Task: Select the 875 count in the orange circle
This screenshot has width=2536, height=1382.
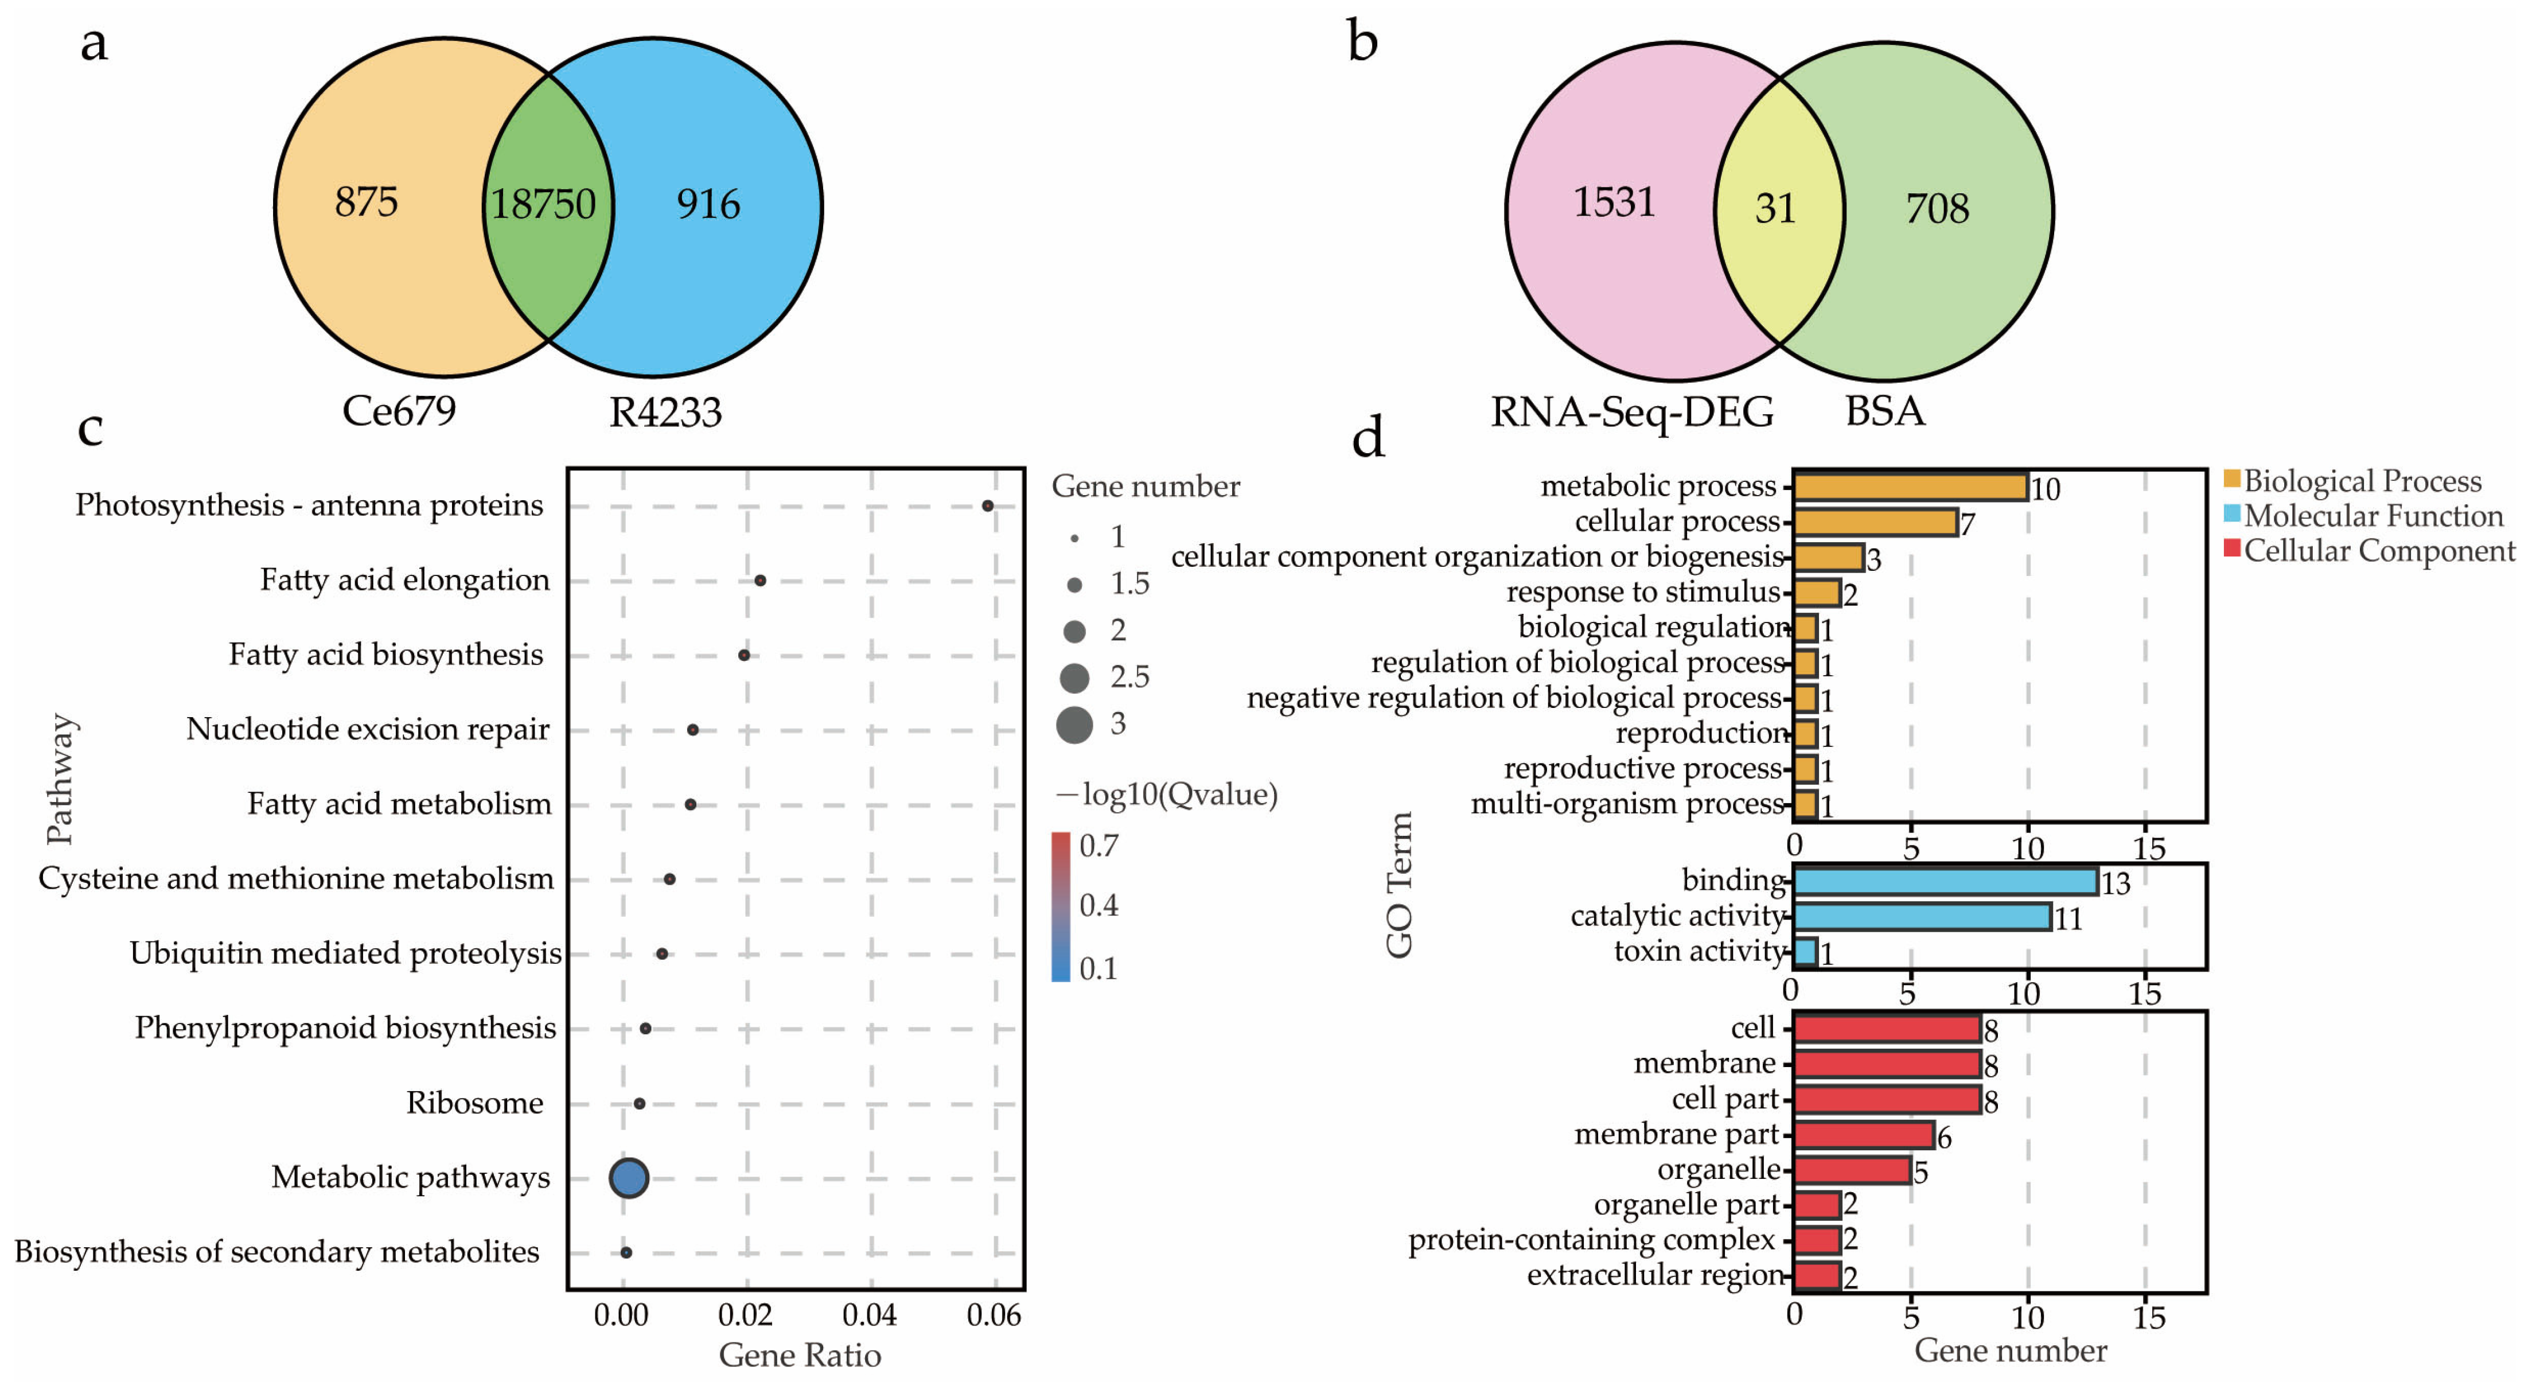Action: [366, 202]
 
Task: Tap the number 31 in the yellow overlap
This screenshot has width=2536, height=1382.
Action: [1776, 208]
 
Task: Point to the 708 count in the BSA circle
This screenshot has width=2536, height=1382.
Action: [1938, 208]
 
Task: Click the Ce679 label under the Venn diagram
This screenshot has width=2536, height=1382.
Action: [399, 410]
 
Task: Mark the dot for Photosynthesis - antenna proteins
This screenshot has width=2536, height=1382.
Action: [987, 506]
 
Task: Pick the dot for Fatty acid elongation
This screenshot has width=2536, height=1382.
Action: [760, 581]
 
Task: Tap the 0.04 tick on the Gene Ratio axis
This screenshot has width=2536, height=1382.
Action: [870, 1315]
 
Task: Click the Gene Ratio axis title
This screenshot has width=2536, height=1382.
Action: [800, 1356]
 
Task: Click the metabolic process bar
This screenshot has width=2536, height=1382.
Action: [1910, 486]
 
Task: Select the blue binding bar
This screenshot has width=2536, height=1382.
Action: [1945, 881]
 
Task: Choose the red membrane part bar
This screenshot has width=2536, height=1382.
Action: [1864, 1135]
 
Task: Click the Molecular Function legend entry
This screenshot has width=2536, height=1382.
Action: [2373, 516]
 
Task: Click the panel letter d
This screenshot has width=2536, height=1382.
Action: [1369, 437]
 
